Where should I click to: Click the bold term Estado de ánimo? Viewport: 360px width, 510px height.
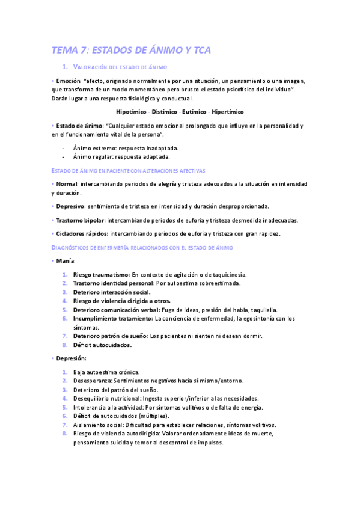pos(78,126)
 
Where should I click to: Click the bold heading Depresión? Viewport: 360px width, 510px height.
pos(71,358)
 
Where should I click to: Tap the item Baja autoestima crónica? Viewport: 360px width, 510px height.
pos(106,372)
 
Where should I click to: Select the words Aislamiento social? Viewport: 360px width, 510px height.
pos(96,425)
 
